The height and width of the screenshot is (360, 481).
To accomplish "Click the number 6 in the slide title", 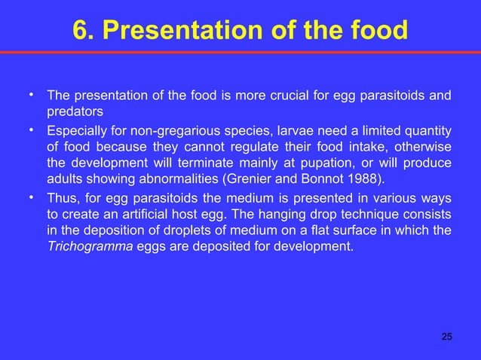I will point(80,31).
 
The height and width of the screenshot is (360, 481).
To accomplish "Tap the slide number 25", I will point(446,336).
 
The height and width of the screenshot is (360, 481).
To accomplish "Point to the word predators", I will point(73,112).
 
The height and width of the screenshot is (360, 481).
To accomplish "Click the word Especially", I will point(75,130).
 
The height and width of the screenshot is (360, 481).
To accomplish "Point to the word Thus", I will point(61,198).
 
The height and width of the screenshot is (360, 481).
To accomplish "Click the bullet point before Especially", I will point(31,129).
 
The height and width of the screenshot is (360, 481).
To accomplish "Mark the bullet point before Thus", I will point(31,197).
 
